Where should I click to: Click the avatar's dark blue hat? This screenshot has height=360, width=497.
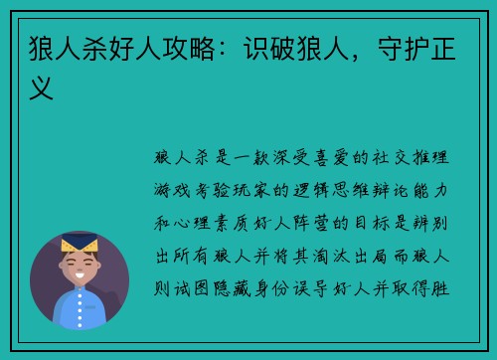[79, 242]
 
